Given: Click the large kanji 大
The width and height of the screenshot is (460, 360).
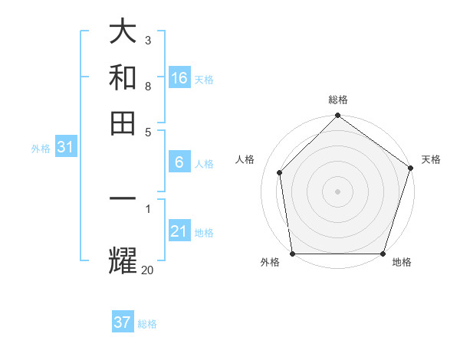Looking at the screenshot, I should pos(123,32).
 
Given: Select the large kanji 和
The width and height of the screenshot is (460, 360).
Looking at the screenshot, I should pos(123,78).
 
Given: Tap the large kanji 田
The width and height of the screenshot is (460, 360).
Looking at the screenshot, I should pos(123,123).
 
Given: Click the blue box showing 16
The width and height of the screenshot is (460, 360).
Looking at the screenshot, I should pos(179,78).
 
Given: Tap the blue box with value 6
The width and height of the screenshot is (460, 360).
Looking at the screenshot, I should pos(179,162).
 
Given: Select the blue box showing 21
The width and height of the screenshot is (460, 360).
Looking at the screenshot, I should pos(179,231).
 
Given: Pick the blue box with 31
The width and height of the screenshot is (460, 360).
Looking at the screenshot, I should pos(64,147).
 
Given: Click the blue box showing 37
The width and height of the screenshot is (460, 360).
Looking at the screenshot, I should pos(122,322).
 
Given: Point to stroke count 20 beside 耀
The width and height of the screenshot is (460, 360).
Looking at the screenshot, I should pos(147,269).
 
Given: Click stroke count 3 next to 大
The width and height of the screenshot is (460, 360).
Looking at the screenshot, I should pos(147,40).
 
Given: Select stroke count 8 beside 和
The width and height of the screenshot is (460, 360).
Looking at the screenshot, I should pos(147,86).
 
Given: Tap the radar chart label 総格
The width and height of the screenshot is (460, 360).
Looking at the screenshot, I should pos(338,100).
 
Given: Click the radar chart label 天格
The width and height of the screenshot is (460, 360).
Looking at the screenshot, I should pos(431,159).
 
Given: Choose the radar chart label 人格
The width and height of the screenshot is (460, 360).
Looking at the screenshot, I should pos(245,159).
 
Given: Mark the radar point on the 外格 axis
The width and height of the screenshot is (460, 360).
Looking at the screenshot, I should pos(292,254).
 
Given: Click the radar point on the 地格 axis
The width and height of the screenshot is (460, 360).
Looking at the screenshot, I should pos(383,254).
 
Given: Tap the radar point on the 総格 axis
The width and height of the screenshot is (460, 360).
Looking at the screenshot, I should pos(337,116).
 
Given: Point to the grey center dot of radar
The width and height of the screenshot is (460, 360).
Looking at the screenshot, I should pos(337,191).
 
